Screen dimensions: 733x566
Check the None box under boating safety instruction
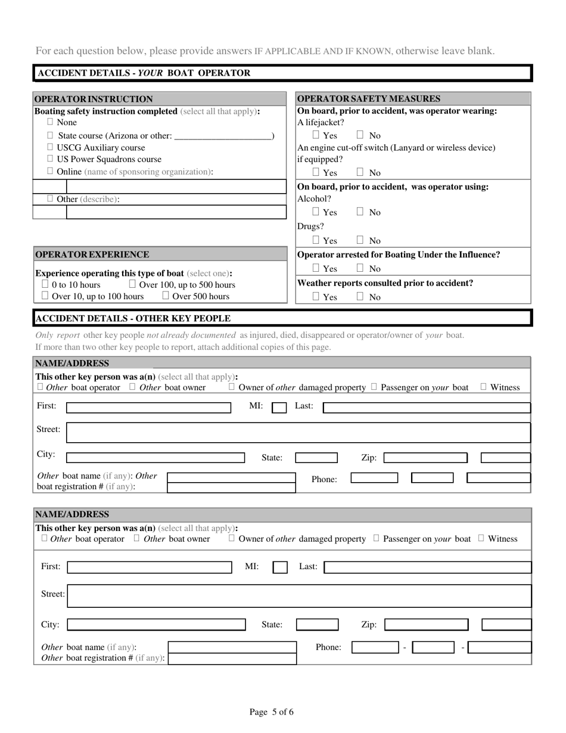(x=50, y=122)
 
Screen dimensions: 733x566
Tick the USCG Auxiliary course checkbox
(x=50, y=147)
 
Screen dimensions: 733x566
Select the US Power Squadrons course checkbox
(x=50, y=159)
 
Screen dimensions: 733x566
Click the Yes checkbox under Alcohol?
(x=316, y=212)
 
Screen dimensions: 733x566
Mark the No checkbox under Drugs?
(x=360, y=240)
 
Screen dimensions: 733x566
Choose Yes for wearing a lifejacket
(x=316, y=135)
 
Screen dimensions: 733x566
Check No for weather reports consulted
(x=360, y=296)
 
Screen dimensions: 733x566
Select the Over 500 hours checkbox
(x=166, y=296)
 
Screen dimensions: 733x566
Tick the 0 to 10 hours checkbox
(x=45, y=284)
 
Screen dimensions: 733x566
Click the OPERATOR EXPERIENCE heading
(x=92, y=254)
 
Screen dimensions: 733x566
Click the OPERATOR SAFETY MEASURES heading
(x=368, y=99)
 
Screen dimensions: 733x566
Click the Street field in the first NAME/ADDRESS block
(x=298, y=432)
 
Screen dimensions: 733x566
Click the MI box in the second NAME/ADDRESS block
(x=280, y=567)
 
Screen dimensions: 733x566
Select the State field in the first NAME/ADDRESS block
(x=316, y=458)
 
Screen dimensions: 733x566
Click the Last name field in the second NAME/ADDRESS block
(x=427, y=567)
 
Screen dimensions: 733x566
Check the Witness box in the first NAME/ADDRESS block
(x=484, y=387)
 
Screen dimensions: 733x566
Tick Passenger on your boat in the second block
(x=377, y=538)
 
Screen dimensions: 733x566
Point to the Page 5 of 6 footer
(x=271, y=712)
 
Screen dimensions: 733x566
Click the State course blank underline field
(x=223, y=135)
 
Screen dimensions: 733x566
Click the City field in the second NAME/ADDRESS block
(x=156, y=625)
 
